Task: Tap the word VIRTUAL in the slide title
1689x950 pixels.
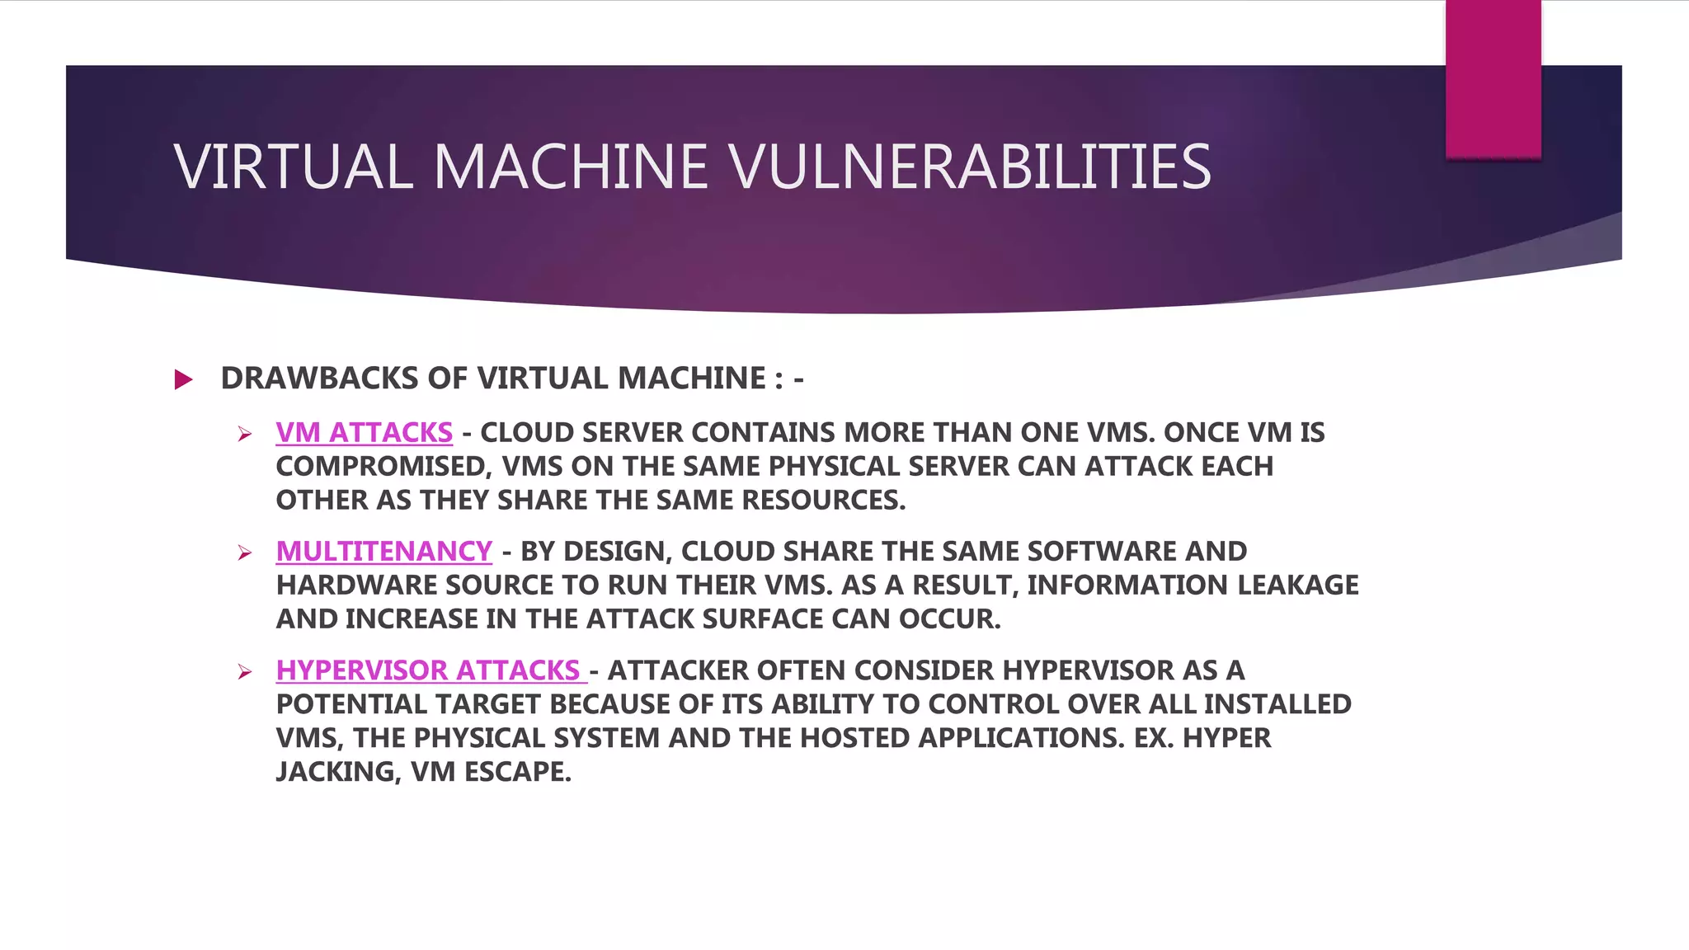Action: click(x=293, y=167)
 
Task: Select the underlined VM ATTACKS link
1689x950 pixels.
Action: click(x=364, y=433)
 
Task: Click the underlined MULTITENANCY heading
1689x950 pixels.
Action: click(x=383, y=552)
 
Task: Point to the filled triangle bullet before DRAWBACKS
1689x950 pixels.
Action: click(x=184, y=379)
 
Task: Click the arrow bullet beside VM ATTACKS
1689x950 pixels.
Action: click(x=245, y=434)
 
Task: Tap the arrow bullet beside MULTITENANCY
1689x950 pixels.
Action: click(x=245, y=553)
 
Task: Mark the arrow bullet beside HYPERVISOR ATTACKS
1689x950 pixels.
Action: click(x=245, y=671)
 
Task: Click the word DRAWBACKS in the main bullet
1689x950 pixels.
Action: click(x=319, y=379)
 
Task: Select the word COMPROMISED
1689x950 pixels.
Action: click(x=383, y=467)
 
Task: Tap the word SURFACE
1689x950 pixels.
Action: click(x=762, y=619)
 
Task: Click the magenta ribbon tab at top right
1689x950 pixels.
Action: click(x=1493, y=78)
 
